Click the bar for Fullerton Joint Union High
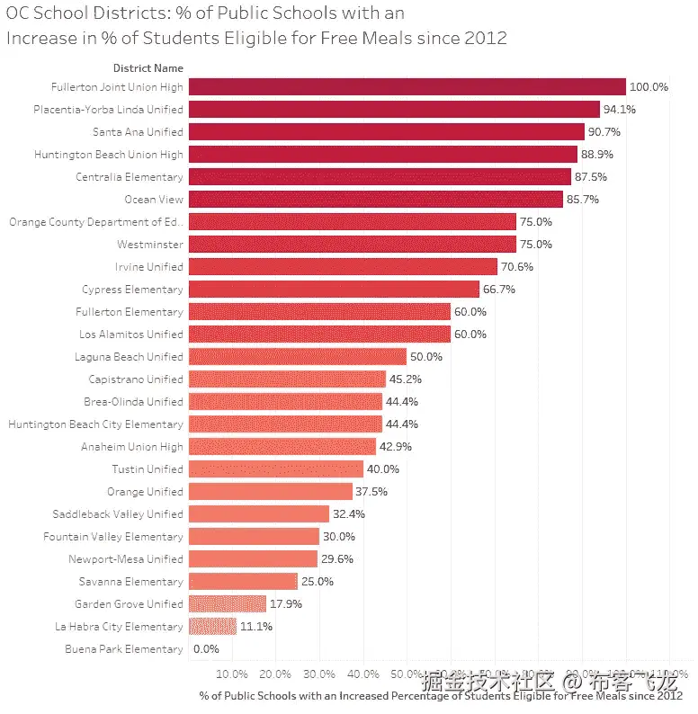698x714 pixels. coord(407,87)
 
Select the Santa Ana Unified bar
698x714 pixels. coord(387,132)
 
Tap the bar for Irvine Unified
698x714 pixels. coord(343,267)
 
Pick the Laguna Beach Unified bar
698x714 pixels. coord(298,357)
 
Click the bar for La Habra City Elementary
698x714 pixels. coord(212,627)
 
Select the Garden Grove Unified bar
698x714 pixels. coord(228,604)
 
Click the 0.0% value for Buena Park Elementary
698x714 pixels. coord(206,649)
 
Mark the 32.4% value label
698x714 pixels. coord(349,514)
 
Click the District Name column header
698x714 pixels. coord(148,68)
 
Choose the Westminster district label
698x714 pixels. coord(150,245)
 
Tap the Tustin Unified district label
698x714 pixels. coord(148,469)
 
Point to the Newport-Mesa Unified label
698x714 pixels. coord(126,559)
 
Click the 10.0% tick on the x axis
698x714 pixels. coord(232,674)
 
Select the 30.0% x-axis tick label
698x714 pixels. coord(319,674)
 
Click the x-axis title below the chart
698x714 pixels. coord(441,695)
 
